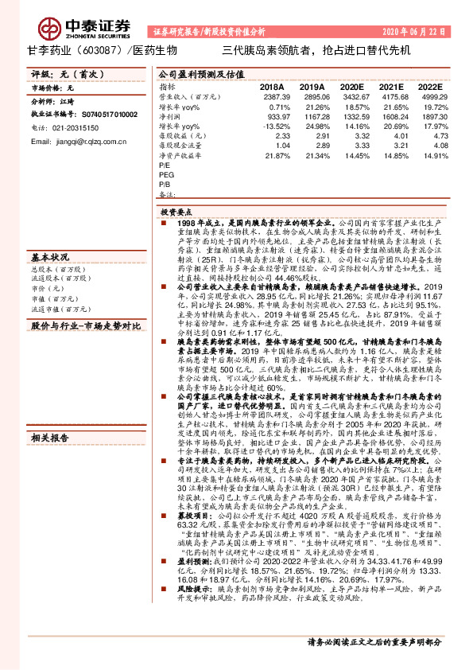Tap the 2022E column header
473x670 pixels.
click(x=430, y=86)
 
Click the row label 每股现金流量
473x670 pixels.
click(x=177, y=146)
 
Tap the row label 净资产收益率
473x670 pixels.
click(x=177, y=155)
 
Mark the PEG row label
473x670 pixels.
click(x=167, y=174)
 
